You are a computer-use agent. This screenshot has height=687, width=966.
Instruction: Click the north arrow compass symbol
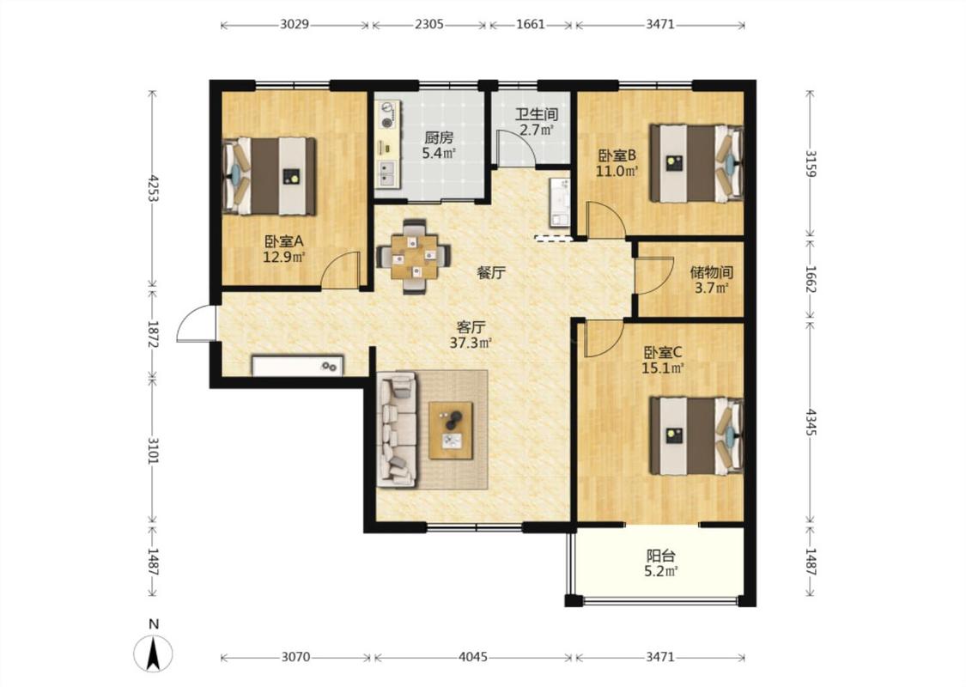point(154,652)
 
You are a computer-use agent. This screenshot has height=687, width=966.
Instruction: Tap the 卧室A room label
point(284,241)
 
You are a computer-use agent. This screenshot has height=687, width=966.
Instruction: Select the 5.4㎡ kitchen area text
point(439,154)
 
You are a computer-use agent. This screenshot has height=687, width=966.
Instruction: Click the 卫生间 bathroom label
point(537,114)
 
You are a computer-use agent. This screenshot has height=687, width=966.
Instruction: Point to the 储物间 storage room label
point(712,271)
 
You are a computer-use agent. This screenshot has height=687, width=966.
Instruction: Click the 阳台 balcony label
point(660,556)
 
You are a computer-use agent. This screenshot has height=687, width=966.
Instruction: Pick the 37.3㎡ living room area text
point(471,343)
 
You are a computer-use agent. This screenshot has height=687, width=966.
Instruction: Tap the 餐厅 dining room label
point(492,272)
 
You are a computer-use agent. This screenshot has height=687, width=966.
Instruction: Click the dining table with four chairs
point(413,256)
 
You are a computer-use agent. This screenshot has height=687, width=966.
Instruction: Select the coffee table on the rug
point(451,430)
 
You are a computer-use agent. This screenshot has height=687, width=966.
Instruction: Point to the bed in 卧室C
point(696,436)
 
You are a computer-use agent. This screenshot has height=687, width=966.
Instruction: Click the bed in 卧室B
point(696,163)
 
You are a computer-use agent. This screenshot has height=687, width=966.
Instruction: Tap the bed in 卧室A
point(270,176)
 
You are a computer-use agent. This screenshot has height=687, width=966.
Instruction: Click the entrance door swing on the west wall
point(196,324)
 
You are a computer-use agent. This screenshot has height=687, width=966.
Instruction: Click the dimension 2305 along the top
point(428,25)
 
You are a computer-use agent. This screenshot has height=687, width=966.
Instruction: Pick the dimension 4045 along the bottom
point(472,657)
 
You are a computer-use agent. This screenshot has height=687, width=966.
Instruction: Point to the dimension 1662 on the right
point(811,280)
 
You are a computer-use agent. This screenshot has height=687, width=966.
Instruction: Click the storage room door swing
point(654,276)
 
